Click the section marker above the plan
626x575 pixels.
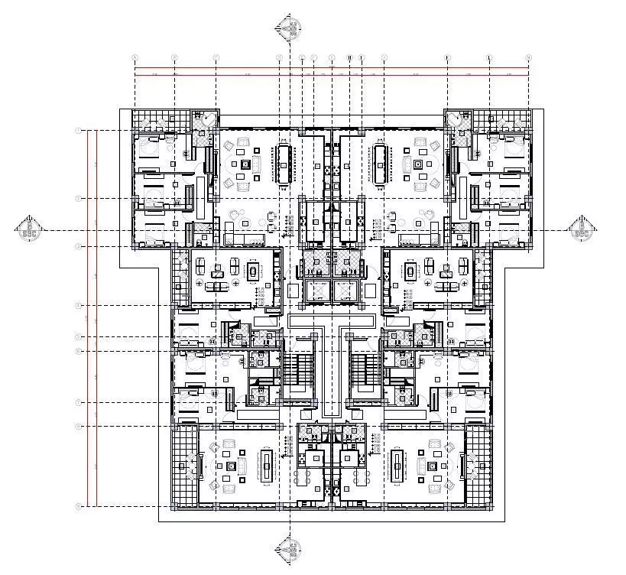288,28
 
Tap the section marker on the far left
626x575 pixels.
29,229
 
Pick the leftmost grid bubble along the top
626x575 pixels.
135,57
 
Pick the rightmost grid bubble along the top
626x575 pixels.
528,57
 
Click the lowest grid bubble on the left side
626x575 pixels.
78,506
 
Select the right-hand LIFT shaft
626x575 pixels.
346,290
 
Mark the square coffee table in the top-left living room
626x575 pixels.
245,164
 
